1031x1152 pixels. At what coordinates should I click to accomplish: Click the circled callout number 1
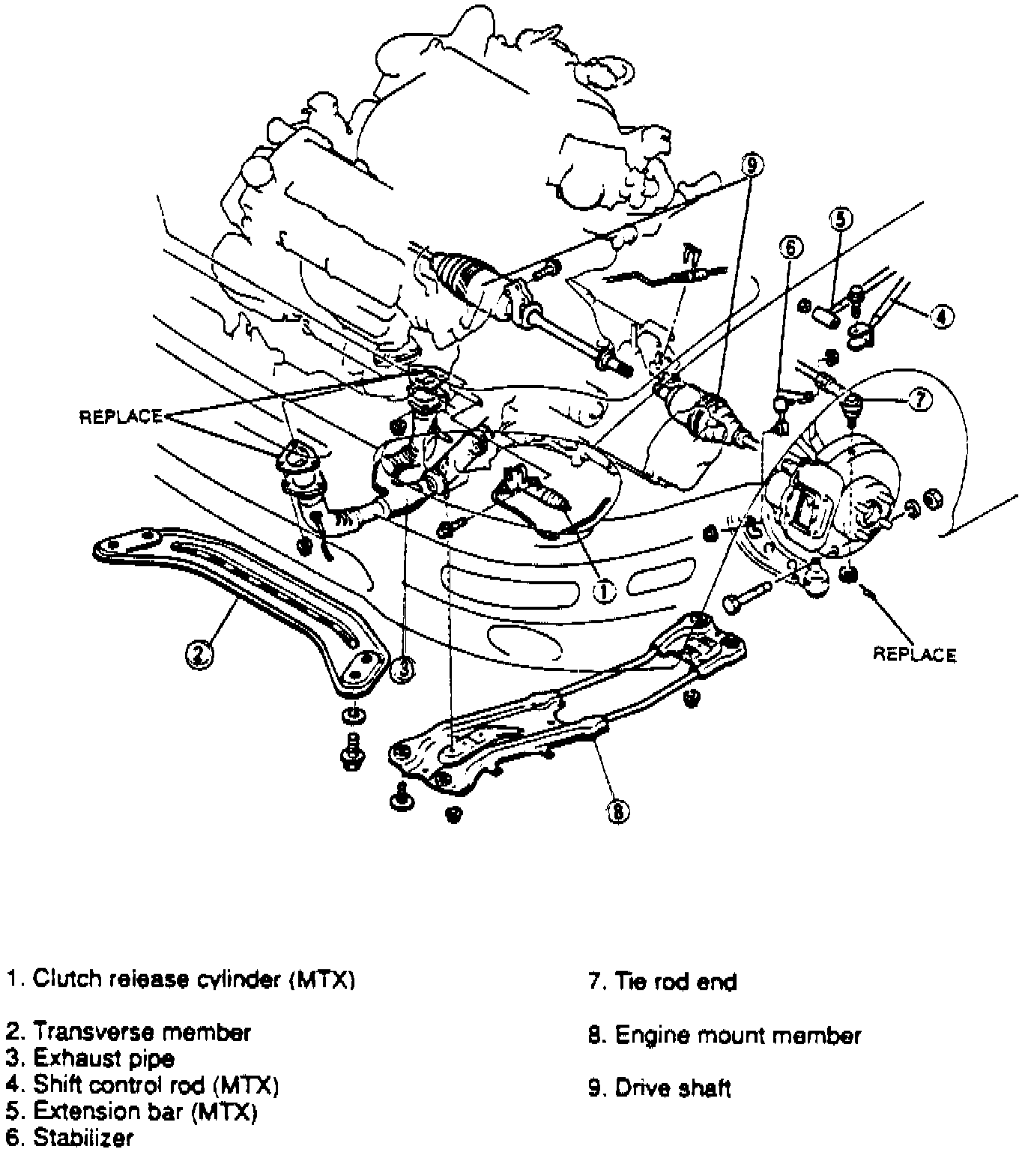point(604,592)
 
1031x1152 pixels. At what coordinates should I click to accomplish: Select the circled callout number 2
point(200,655)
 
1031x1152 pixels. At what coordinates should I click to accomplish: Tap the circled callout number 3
point(402,669)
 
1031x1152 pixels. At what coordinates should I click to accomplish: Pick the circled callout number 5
point(841,220)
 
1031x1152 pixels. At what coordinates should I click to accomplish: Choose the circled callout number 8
point(618,811)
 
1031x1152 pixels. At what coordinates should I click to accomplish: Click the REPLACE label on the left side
point(121,416)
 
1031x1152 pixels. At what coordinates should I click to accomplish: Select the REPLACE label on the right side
point(914,655)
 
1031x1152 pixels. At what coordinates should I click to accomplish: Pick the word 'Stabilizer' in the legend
point(83,1137)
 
